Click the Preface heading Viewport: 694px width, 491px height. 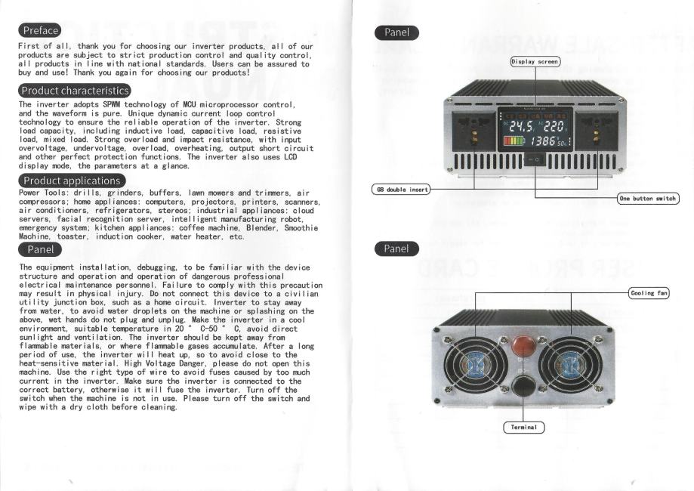[x=40, y=30]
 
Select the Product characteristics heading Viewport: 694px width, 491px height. [x=75, y=91]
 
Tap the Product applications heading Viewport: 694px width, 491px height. [x=71, y=181]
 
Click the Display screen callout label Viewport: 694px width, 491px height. [x=535, y=60]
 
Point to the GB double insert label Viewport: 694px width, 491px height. [x=399, y=189]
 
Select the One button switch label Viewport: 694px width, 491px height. [x=647, y=198]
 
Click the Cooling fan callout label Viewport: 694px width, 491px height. [x=649, y=292]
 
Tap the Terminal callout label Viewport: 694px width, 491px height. [x=523, y=428]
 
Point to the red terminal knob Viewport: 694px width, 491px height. [x=523, y=347]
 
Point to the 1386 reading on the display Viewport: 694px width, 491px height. [x=544, y=141]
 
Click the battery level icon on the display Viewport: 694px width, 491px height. [x=514, y=141]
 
